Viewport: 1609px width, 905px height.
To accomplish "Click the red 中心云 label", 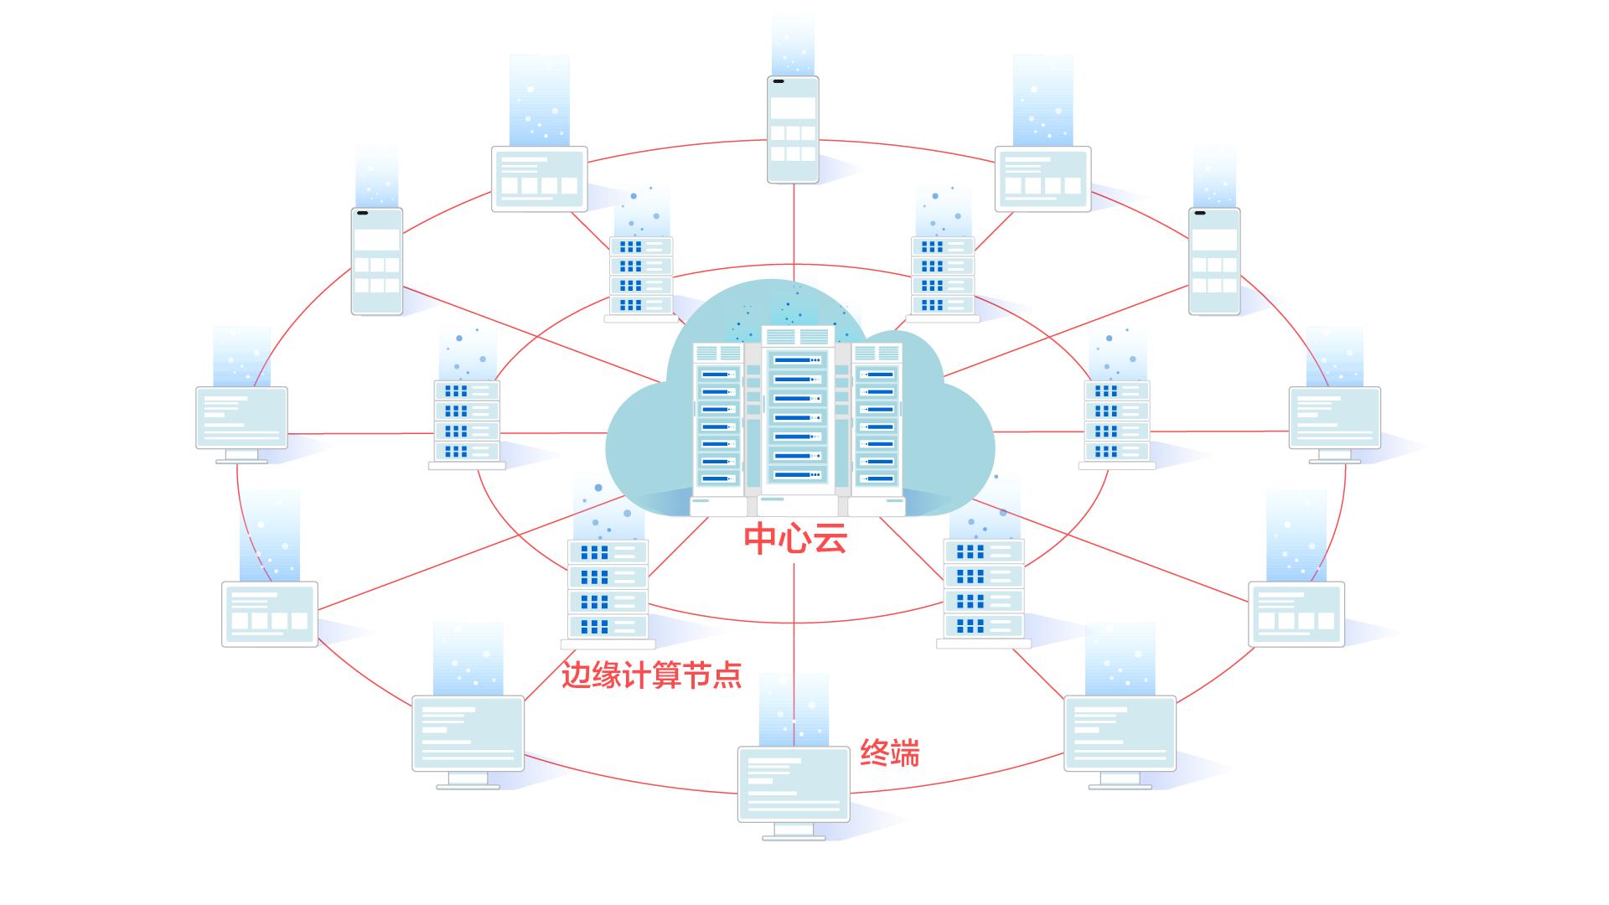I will click(x=795, y=539).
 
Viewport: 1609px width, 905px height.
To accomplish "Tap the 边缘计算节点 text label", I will click(x=651, y=675).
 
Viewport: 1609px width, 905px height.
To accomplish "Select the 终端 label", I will click(x=889, y=752).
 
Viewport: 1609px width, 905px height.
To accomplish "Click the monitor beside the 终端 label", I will click(x=794, y=785).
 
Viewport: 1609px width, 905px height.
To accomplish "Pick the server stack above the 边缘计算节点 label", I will click(x=608, y=589).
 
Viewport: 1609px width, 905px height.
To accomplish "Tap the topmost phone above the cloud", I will click(x=793, y=129).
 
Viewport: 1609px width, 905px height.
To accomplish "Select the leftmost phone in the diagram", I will click(x=376, y=261).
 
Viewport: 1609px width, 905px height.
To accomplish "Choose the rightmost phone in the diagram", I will click(x=1214, y=261).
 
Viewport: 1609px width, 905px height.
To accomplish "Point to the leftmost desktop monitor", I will click(x=241, y=418).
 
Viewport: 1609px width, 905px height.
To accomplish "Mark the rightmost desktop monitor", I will click(x=1334, y=418).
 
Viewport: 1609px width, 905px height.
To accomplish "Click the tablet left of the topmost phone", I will click(x=539, y=178).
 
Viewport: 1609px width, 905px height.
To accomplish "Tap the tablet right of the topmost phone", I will click(x=1042, y=178).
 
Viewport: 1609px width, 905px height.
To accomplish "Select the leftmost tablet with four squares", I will click(x=270, y=613).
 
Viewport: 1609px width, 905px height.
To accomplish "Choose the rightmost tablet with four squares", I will click(x=1296, y=613).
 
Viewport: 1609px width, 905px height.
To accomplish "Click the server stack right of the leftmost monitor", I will click(x=467, y=421).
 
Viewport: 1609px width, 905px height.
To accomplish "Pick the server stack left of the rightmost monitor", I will click(x=1116, y=421).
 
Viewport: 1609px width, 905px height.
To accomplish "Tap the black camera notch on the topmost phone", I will click(x=779, y=82).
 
